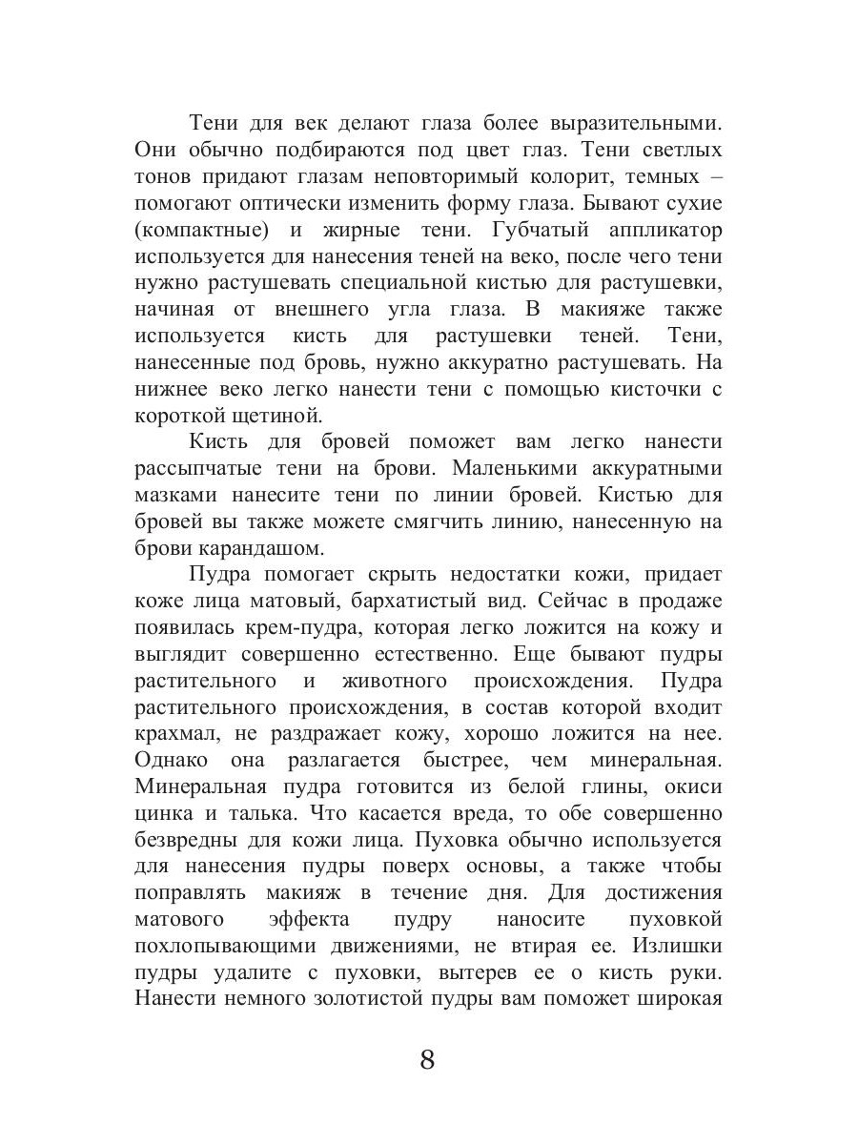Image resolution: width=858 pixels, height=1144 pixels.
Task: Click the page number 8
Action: coord(427,1059)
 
